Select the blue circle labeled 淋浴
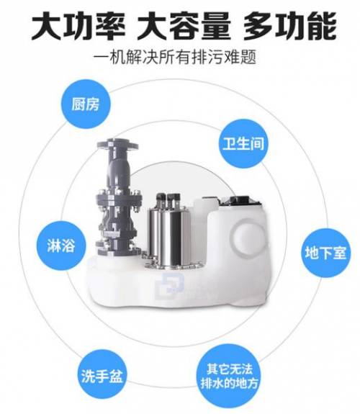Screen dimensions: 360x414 [x=61, y=245]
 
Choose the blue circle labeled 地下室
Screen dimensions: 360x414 [x=325, y=253]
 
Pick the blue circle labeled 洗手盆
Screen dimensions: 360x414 [x=102, y=375]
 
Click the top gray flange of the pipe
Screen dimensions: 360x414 [x=117, y=145]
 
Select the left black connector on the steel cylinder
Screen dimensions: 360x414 [x=161, y=200]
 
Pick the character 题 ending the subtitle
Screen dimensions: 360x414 [x=248, y=56]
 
